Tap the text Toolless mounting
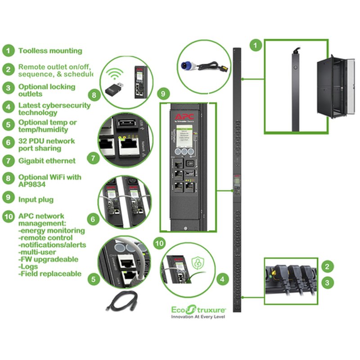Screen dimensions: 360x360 [50, 51]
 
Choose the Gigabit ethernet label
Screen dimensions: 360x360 [47, 161]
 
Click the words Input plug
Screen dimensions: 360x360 [36, 198]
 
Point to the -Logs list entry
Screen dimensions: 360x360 [30, 266]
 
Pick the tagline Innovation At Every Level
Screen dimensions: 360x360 [198, 317]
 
